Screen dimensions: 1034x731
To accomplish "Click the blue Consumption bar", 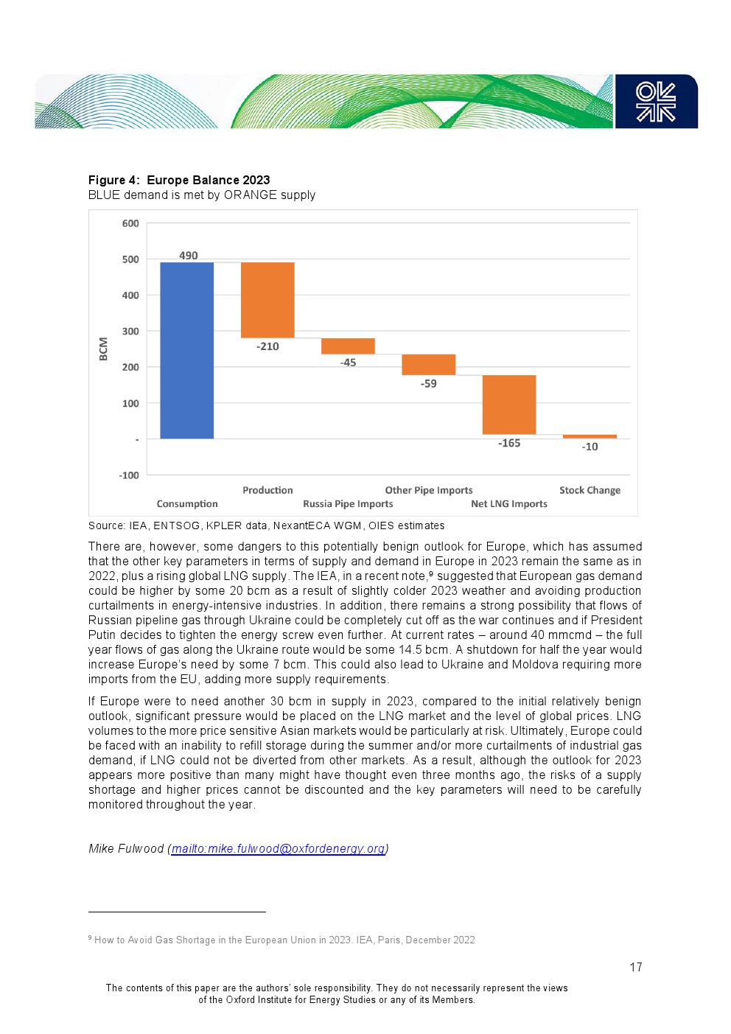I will [x=186, y=350].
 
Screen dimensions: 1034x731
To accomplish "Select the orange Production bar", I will [x=267, y=300].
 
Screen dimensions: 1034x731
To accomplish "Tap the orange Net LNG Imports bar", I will [x=508, y=405].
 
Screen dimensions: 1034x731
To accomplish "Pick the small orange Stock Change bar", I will [x=590, y=436].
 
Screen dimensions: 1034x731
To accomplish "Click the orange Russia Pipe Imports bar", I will [x=348, y=346].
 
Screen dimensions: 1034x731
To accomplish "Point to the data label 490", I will [x=189, y=256].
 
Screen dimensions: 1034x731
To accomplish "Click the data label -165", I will [x=509, y=443].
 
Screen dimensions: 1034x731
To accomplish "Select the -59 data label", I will [x=429, y=383].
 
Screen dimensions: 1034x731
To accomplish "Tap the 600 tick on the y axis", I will [x=130, y=223].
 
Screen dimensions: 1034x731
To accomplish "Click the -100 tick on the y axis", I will [x=129, y=475].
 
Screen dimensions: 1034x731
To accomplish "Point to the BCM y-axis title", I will [x=103, y=349].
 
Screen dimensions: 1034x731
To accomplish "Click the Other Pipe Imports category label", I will [x=429, y=490].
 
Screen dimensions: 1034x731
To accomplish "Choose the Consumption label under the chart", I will [x=187, y=504].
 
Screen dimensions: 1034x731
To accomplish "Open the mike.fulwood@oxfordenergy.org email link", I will [x=278, y=848].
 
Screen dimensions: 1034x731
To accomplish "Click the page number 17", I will [x=635, y=967].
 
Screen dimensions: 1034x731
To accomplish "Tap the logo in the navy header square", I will [x=656, y=102].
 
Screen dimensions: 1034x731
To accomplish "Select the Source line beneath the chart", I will [x=266, y=525].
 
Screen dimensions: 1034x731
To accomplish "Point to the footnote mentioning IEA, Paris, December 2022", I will [x=284, y=940].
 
